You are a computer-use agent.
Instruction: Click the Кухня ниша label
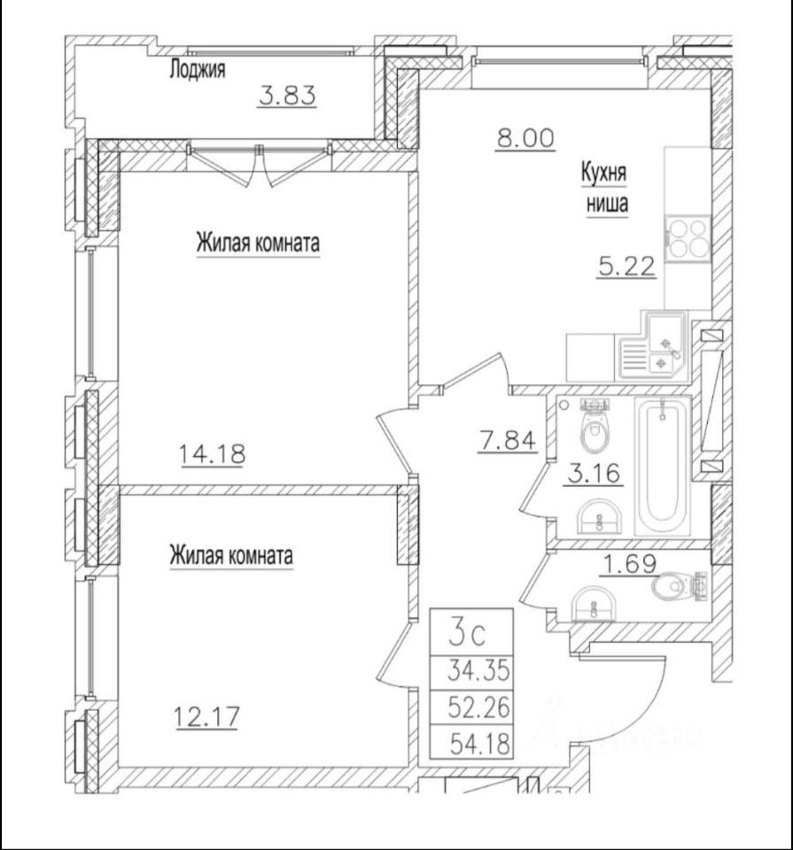(604, 188)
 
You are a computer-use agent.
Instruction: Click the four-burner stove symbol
(688, 236)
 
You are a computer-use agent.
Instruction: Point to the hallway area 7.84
(507, 439)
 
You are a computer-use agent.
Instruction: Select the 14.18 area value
(212, 455)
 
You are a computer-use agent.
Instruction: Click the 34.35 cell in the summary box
(479, 670)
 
